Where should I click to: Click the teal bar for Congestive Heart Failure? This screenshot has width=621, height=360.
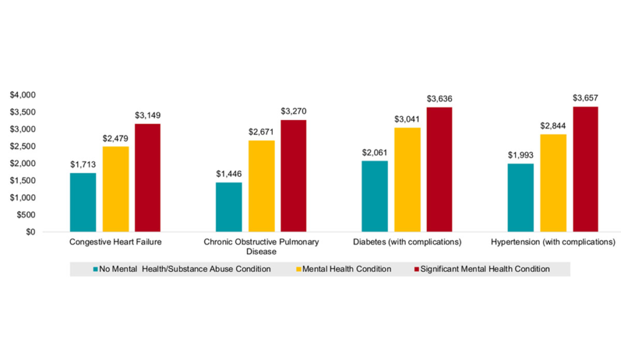coord(83,202)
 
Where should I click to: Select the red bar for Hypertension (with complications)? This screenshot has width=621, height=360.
coord(585,169)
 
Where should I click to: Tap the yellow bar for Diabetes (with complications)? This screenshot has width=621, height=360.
coord(407,179)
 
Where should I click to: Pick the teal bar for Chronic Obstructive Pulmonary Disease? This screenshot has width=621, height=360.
coord(229,207)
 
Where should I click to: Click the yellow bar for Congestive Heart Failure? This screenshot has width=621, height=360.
coord(115,189)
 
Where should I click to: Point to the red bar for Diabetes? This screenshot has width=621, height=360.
coord(439,169)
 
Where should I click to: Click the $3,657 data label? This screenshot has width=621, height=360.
coord(585,98)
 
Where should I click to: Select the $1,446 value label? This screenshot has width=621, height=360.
coord(229,173)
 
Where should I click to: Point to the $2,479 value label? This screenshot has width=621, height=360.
coord(115,138)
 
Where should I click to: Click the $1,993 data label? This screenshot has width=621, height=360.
coord(520,155)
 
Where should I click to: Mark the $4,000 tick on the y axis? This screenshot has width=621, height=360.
coord(22,95)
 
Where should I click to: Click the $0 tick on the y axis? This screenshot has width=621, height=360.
coord(30,232)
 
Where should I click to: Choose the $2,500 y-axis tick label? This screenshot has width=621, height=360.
coord(22,146)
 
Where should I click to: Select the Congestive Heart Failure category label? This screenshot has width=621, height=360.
coord(115,242)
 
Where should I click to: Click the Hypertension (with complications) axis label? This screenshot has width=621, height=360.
coord(552,242)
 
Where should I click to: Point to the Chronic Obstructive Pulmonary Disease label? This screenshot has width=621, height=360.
coord(261,247)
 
